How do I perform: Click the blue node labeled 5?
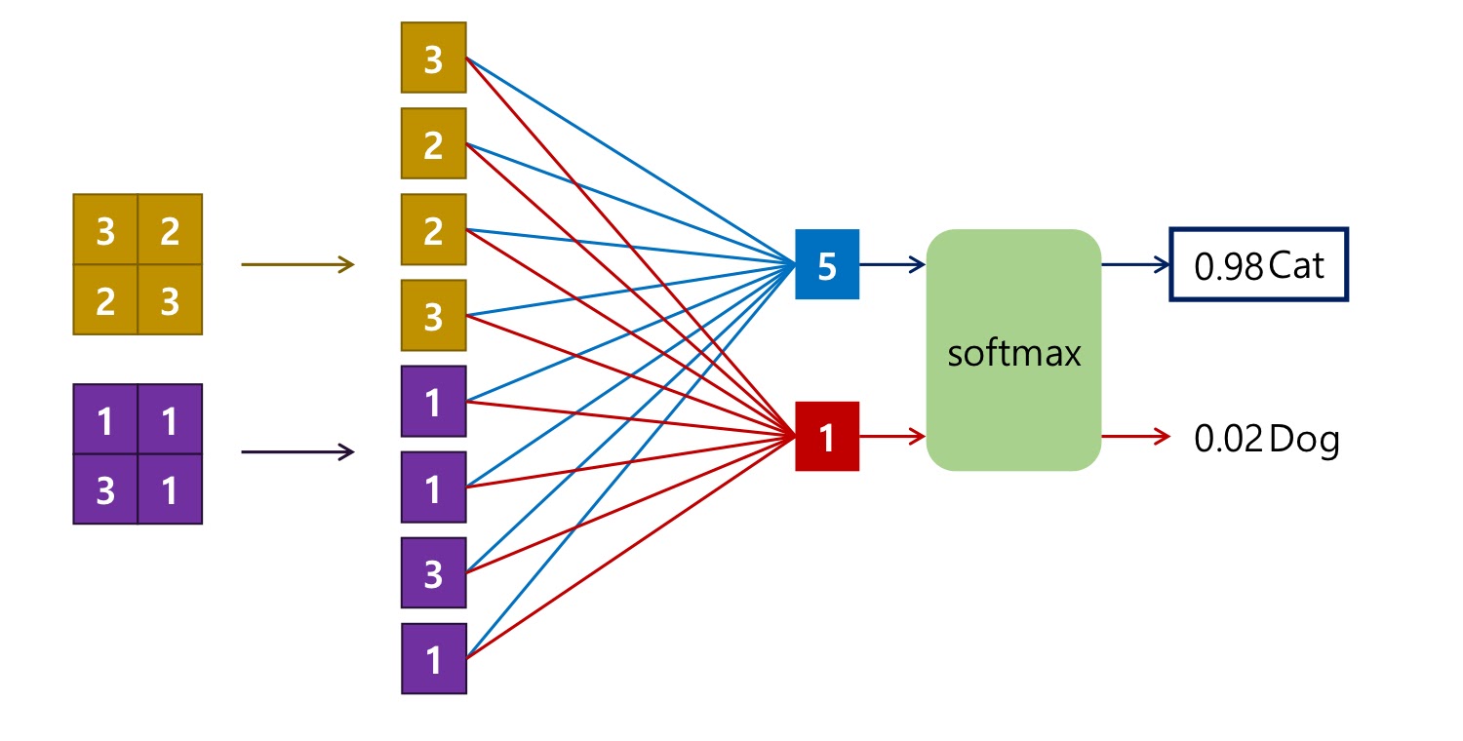pyautogui.click(x=827, y=265)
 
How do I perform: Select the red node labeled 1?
pyautogui.click(x=827, y=437)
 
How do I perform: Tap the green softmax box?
pyautogui.click(x=1013, y=351)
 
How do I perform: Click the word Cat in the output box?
pyautogui.click(x=1297, y=265)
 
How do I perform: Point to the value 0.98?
pyautogui.click(x=1229, y=266)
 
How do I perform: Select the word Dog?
pyautogui.click(x=1305, y=440)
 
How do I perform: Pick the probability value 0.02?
pyautogui.click(x=1229, y=440)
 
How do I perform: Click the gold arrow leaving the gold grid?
pyautogui.click(x=297, y=264)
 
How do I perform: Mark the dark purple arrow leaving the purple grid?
pyautogui.click(x=297, y=451)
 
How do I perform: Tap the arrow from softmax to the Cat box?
pyautogui.click(x=1135, y=264)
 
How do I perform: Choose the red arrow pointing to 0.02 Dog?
pyautogui.click(x=1135, y=437)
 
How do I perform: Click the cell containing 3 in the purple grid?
pyautogui.click(x=105, y=490)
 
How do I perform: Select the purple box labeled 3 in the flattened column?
pyautogui.click(x=434, y=573)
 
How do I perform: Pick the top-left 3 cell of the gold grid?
pyautogui.click(x=105, y=231)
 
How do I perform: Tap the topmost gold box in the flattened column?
pyautogui.click(x=434, y=58)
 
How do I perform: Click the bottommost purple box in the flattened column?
pyautogui.click(x=434, y=659)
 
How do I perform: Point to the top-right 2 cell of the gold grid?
pyautogui.click(x=170, y=231)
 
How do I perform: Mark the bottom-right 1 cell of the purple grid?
pyautogui.click(x=170, y=490)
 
